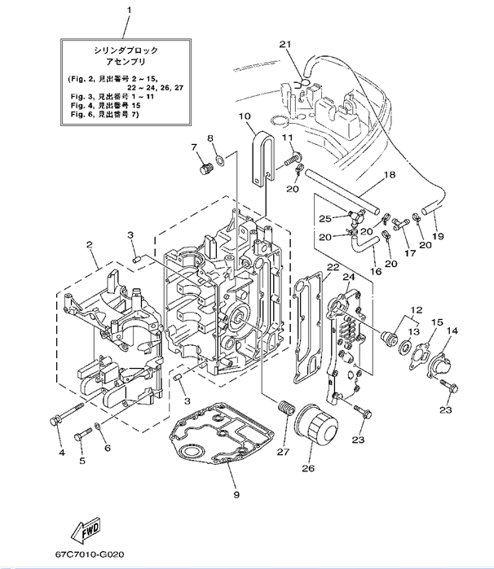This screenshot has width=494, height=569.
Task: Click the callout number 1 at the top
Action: [x=127, y=11]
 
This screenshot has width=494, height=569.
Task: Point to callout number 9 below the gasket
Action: [x=236, y=493]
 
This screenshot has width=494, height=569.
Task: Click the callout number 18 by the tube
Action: [x=389, y=175]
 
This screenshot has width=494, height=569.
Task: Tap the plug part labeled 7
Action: [x=205, y=168]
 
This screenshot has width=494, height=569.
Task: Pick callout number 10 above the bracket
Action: [x=244, y=117]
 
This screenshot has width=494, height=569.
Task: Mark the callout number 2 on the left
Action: [x=90, y=243]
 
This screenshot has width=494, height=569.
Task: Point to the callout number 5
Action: [x=82, y=460]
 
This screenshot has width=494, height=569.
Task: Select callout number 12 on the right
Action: [x=417, y=310]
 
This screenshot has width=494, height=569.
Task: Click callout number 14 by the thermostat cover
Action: [x=452, y=330]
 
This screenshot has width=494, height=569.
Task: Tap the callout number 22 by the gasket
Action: [x=333, y=266]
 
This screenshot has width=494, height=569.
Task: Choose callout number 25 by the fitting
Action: [x=324, y=218]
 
